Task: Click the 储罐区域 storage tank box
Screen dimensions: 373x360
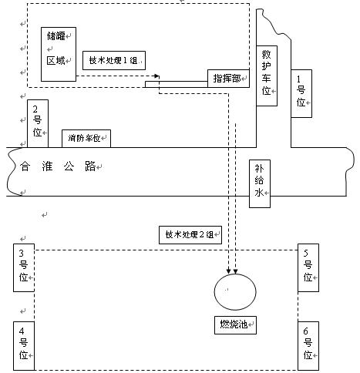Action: (x=58, y=55)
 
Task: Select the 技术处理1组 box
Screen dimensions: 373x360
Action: (x=113, y=60)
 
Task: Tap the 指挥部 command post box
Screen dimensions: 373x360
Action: (x=228, y=78)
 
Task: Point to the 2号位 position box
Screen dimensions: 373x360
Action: (x=38, y=120)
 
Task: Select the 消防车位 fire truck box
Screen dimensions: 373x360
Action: (x=86, y=139)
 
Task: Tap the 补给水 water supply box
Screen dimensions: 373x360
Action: (x=260, y=183)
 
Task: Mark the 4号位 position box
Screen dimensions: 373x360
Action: (x=23, y=344)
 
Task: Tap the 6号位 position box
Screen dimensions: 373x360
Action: (x=308, y=344)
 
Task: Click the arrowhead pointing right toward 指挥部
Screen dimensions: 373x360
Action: (x=156, y=76)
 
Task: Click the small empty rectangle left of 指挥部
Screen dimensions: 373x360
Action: (x=153, y=84)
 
